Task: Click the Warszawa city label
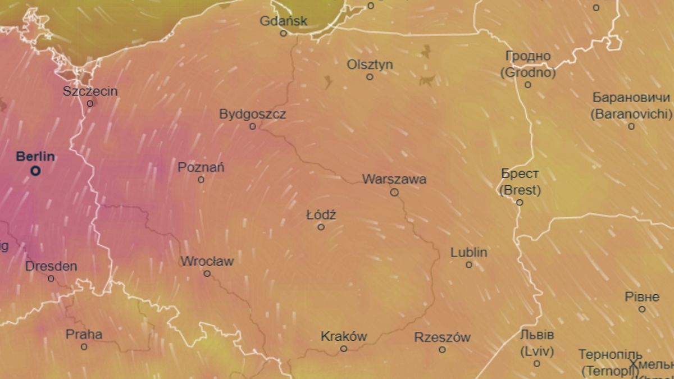point(394,180)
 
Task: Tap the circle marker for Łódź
point(321,227)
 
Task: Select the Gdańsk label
point(284,21)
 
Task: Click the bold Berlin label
point(35,157)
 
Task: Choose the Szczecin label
point(90,91)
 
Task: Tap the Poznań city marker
point(201,180)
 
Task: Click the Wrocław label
point(207,261)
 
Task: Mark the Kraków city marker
point(344,349)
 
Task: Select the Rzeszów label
point(443,337)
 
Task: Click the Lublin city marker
point(469,265)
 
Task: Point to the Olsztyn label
point(370,65)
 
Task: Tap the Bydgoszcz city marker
point(253,126)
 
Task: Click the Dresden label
point(51,266)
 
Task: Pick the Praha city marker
point(84,347)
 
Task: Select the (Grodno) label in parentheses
point(528,72)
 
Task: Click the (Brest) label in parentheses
point(520,190)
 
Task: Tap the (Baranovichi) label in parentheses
point(631,114)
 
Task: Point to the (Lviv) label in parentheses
point(537,352)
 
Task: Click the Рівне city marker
point(642,309)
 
